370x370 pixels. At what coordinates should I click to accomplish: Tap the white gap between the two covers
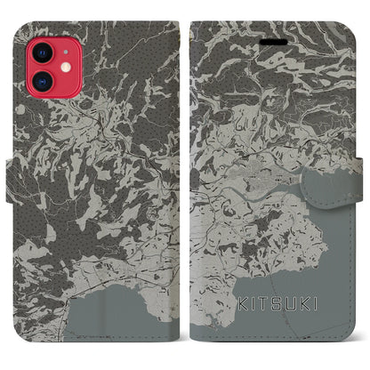[185, 178]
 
